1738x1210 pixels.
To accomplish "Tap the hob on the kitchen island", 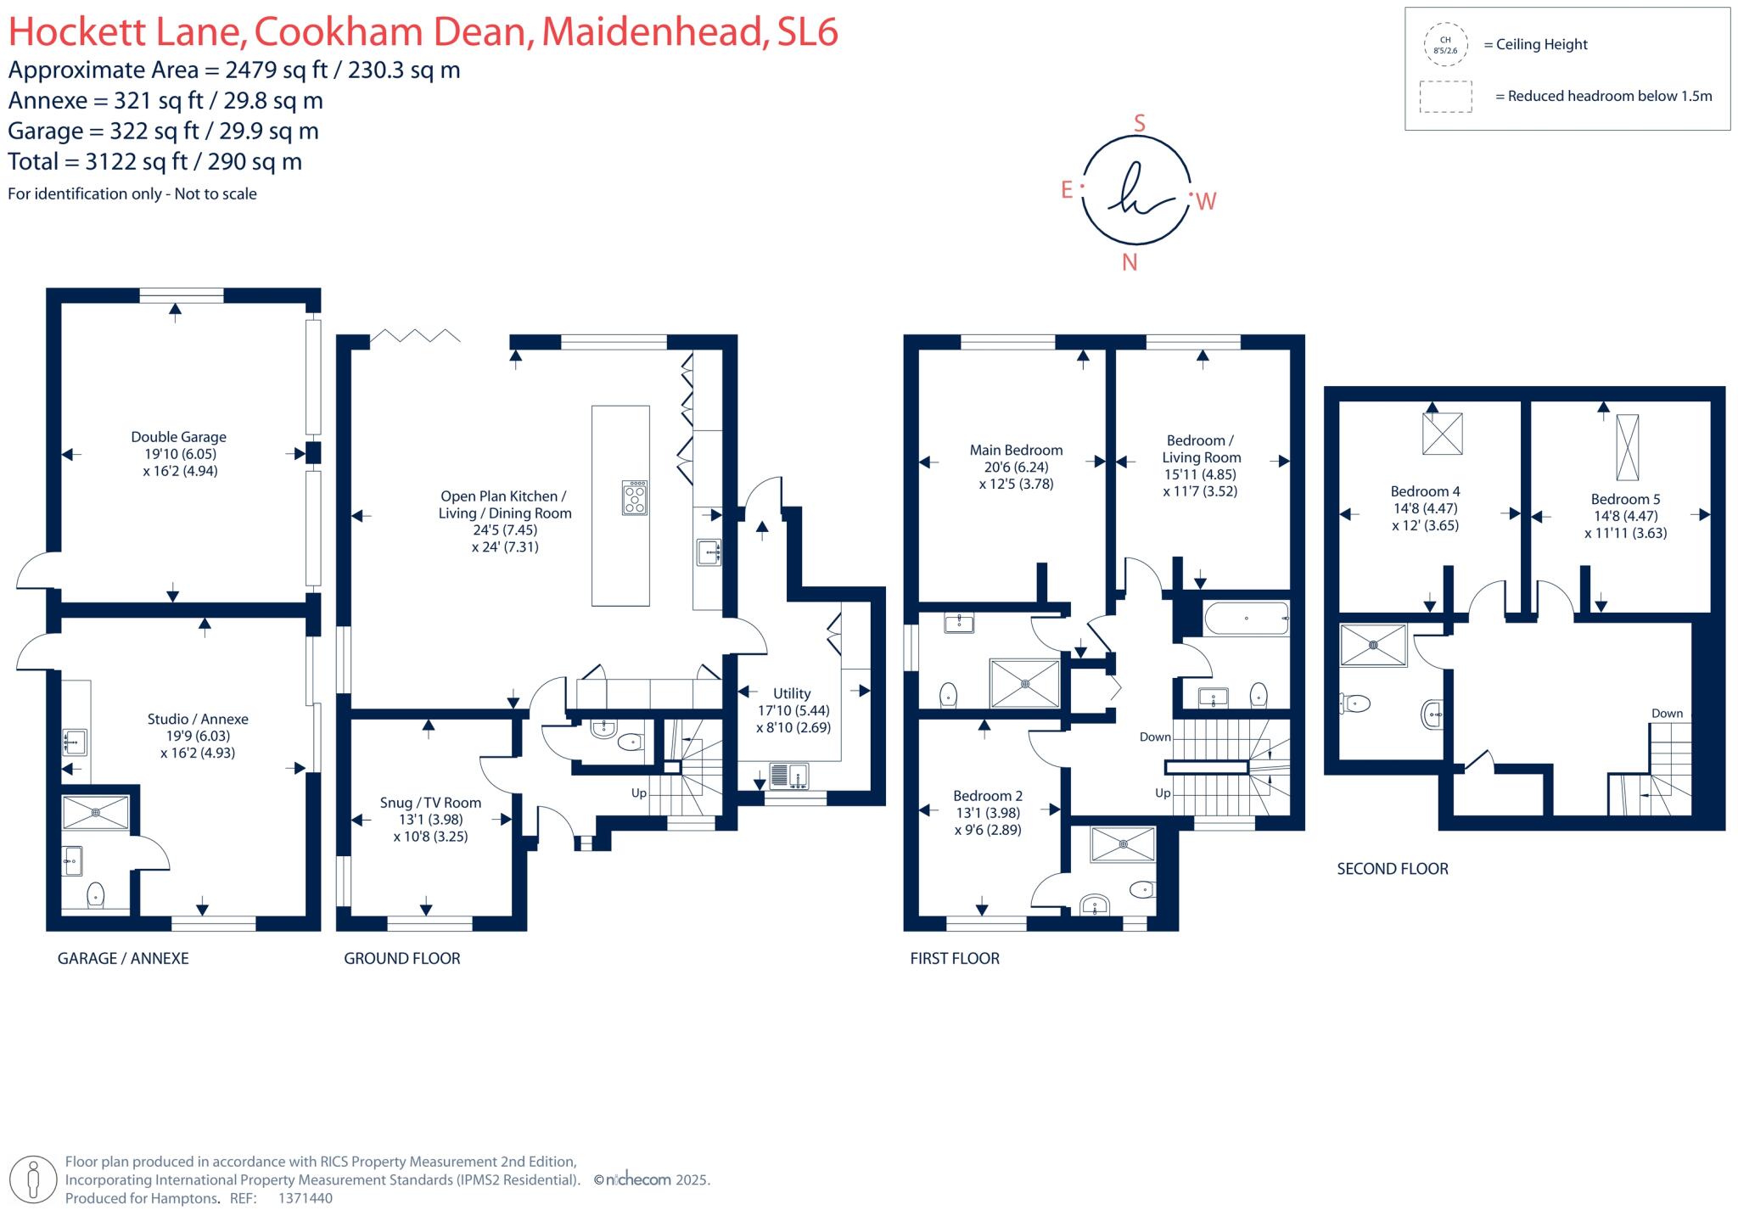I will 634,498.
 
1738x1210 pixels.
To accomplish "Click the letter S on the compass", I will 1140,124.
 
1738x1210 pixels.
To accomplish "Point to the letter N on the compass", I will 1130,262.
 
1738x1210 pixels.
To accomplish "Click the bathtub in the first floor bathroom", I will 1246,619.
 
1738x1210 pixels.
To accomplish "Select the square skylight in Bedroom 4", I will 1442,434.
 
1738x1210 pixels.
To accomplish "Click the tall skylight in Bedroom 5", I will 1627,447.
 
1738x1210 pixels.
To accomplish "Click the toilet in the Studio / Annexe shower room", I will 95,894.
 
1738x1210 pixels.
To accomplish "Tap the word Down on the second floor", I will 1667,714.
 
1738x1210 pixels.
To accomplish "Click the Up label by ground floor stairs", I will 638,793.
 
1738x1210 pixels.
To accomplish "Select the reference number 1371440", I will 306,1198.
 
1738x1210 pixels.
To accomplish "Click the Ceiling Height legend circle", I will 1445,45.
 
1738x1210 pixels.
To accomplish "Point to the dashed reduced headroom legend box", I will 1445,97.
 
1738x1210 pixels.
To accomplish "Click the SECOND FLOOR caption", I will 1392,869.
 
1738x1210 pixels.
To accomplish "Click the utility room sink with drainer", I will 788,776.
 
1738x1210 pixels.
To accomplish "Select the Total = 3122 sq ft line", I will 155,161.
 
